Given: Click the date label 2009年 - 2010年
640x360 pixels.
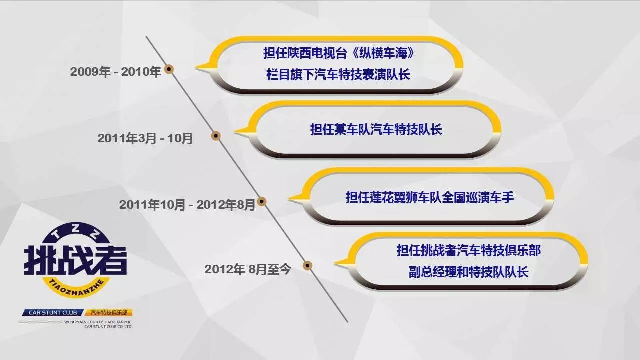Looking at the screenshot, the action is tap(115, 72).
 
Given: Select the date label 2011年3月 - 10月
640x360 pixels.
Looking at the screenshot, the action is tap(145, 138).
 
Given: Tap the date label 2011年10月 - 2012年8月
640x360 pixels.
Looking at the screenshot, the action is tap(187, 205).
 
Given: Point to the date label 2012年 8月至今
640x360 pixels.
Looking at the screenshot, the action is tap(247, 269).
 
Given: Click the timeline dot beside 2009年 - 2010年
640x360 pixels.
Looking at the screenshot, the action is tap(169, 69).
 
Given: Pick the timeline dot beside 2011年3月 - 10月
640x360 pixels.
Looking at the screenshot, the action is tap(216, 136).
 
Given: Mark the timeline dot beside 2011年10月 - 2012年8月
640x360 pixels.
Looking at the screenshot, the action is tap(261, 201).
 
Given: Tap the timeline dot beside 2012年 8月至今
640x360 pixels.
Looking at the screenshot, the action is tap(307, 266).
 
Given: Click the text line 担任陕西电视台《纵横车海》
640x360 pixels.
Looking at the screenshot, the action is tap(339, 53).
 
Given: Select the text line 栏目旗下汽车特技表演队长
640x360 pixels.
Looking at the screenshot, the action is tap(338, 75).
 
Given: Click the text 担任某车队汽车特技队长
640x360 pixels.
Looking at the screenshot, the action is tap(376, 129).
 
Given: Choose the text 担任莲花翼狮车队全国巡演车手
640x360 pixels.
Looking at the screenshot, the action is tap(430, 197).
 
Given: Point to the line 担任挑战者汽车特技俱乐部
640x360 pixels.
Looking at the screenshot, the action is tap(469, 251).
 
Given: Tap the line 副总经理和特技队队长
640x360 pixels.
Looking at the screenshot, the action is tap(469, 272).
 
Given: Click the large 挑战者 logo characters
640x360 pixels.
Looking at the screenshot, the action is tap(75, 260).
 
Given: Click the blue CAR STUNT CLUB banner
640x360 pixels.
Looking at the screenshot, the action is tap(53, 313).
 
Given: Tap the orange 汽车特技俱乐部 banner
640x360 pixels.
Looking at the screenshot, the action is tap(109, 313).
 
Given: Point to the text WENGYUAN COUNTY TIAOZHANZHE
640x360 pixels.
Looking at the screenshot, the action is tap(98, 322).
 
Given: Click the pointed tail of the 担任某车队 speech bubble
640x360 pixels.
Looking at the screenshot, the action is tap(235, 132).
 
